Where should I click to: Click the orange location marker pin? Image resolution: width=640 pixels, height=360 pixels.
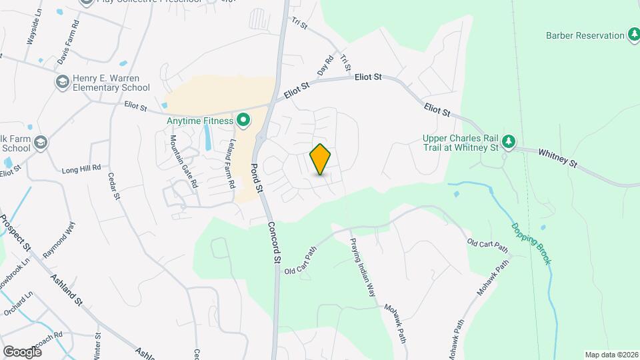coord(321,160)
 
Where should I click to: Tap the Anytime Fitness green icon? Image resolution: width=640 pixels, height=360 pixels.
coord(243,121)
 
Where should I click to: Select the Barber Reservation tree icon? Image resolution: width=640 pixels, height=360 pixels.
coord(634,35)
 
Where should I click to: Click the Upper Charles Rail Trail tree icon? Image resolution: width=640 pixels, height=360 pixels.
coord(509,141)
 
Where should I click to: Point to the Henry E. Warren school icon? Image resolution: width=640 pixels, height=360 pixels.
coord(62,83)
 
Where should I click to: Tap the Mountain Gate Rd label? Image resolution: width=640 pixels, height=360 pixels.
coord(183,161)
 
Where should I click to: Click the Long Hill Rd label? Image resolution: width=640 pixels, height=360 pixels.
coord(81,168)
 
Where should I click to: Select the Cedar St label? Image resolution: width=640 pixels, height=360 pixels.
coord(113,186)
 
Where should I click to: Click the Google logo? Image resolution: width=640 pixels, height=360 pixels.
coord(21,351)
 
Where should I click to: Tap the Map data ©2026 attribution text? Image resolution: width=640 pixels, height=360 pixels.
coord(611,355)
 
